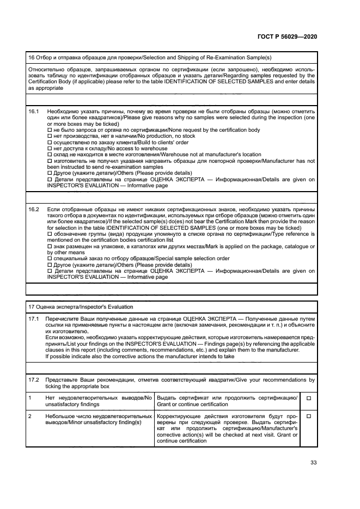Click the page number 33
313,463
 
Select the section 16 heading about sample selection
150,58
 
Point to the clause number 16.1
34,111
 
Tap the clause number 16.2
34,209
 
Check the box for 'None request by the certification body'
50,130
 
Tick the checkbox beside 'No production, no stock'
50,136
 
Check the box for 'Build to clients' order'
50,142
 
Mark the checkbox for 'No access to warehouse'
50,149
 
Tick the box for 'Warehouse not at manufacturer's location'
50,155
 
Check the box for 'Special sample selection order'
50,259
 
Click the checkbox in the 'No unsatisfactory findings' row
308,398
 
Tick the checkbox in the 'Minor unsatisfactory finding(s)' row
308,416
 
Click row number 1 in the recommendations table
30,398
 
